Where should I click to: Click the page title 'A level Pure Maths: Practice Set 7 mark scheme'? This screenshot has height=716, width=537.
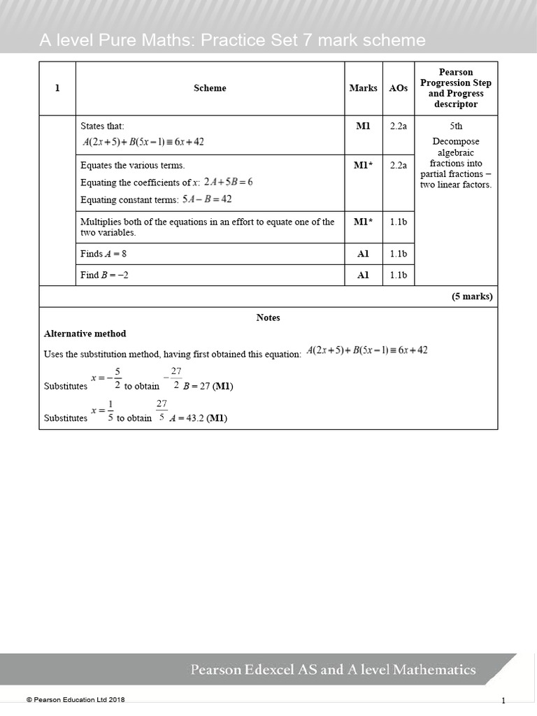click(x=232, y=40)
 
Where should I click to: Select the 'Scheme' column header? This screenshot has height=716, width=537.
click(x=210, y=88)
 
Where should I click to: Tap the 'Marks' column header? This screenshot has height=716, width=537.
click(x=363, y=88)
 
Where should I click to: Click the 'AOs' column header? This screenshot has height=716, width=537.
click(x=399, y=88)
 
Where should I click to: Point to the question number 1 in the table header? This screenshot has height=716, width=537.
click(x=57, y=88)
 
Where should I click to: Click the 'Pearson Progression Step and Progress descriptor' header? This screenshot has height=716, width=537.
click(x=456, y=88)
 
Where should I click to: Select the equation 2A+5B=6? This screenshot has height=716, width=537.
click(x=228, y=182)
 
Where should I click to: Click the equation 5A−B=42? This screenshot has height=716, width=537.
click(x=207, y=199)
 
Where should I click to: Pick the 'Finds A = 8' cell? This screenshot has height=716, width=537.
click(x=103, y=254)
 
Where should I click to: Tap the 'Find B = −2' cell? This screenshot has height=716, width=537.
click(x=105, y=275)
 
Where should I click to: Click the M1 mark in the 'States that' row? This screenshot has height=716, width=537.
click(x=363, y=126)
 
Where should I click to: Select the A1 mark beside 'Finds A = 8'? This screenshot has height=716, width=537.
click(x=363, y=254)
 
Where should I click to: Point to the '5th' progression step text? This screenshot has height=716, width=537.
click(x=456, y=126)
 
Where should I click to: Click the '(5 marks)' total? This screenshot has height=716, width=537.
click(x=472, y=296)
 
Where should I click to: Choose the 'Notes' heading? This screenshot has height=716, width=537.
click(x=268, y=317)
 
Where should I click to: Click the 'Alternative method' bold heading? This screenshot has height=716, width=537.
click(x=85, y=334)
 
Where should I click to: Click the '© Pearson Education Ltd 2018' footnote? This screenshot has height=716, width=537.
click(x=76, y=699)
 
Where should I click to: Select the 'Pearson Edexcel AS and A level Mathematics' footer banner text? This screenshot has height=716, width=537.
click(x=334, y=670)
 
